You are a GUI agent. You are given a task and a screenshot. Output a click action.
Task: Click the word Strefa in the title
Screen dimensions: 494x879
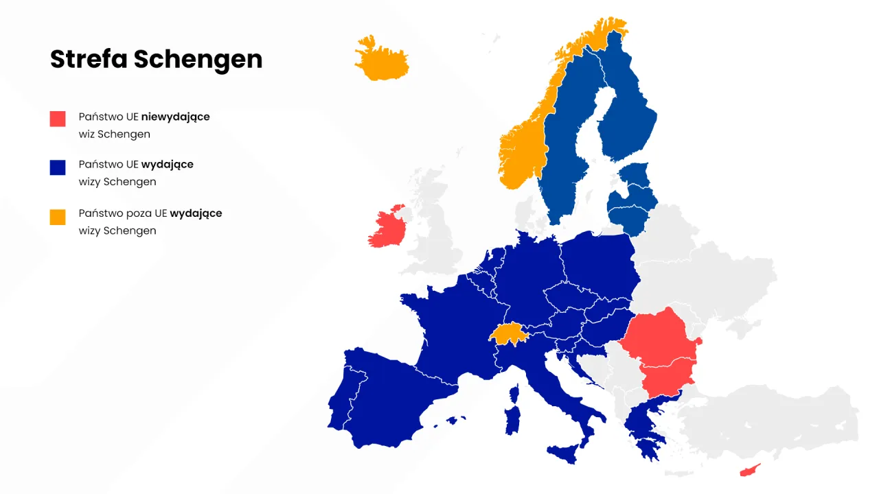[x=89, y=59]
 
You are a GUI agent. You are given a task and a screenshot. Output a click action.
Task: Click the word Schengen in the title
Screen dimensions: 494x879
[x=198, y=60]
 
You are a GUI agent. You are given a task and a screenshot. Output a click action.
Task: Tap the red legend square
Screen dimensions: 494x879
[x=58, y=119]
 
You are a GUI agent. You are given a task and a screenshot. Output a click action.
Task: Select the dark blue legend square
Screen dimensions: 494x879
[x=58, y=167]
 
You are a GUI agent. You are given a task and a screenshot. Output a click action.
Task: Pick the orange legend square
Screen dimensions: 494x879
[x=58, y=216]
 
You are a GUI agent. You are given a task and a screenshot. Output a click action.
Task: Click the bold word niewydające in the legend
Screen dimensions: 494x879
[x=176, y=117]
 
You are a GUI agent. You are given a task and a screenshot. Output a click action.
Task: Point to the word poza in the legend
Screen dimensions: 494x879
[x=140, y=213]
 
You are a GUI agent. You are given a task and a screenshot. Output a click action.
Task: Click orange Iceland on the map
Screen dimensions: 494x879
[x=381, y=59]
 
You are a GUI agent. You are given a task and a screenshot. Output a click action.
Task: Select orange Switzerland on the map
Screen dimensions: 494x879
[x=507, y=333]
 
